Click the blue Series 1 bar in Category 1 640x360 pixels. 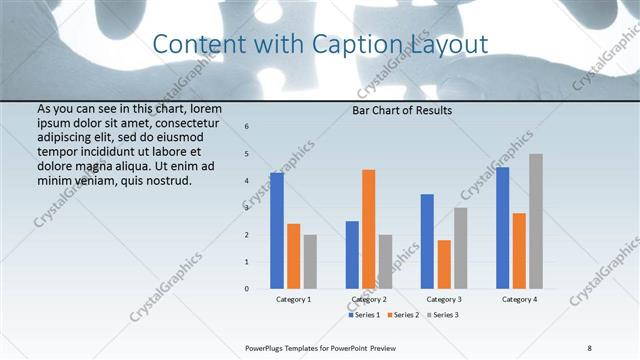pyautogui.click(x=277, y=231)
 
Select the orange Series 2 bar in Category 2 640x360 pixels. pyautogui.click(x=368, y=229)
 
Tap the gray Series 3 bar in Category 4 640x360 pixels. pyautogui.click(x=536, y=221)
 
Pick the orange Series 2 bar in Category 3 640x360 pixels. pyautogui.click(x=444, y=264)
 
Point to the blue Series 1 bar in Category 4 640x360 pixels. pyautogui.click(x=502, y=228)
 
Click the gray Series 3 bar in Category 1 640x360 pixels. pyautogui.click(x=310, y=262)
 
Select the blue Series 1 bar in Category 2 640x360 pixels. pyautogui.click(x=352, y=255)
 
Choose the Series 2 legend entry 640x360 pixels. pyautogui.click(x=403, y=315)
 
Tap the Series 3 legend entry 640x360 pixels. pyautogui.click(x=441, y=315)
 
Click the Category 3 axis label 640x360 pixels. pyautogui.click(x=444, y=299)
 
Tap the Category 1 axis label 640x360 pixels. pyautogui.click(x=294, y=299)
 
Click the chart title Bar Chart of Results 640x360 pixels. pyautogui.click(x=402, y=110)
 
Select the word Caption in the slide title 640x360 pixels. pyautogui.click(x=366, y=44)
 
